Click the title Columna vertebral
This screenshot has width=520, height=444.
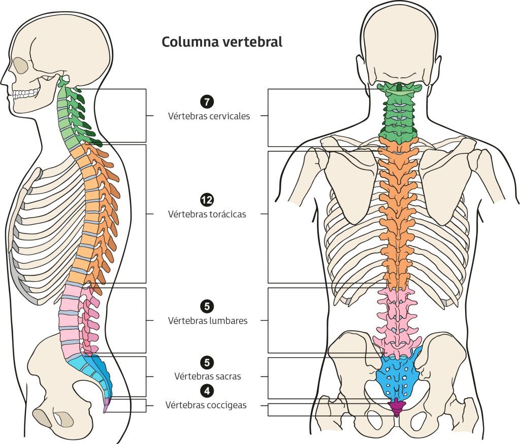coord(222,42)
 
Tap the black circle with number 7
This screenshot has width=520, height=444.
coord(207,101)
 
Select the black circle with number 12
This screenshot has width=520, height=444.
coord(207,199)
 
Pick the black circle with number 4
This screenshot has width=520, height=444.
coord(207,391)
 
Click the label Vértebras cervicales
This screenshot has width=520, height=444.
coord(209,116)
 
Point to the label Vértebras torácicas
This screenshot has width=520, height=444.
coord(207,214)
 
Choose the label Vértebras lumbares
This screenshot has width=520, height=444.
coord(207,321)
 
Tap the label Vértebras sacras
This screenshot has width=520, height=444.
coord(207,377)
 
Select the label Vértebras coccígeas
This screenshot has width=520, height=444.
coord(206,405)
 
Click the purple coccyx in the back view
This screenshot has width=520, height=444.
coord(397,405)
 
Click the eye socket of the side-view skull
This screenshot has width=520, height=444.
coord(21,64)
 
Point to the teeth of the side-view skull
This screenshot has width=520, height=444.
coord(25,94)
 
